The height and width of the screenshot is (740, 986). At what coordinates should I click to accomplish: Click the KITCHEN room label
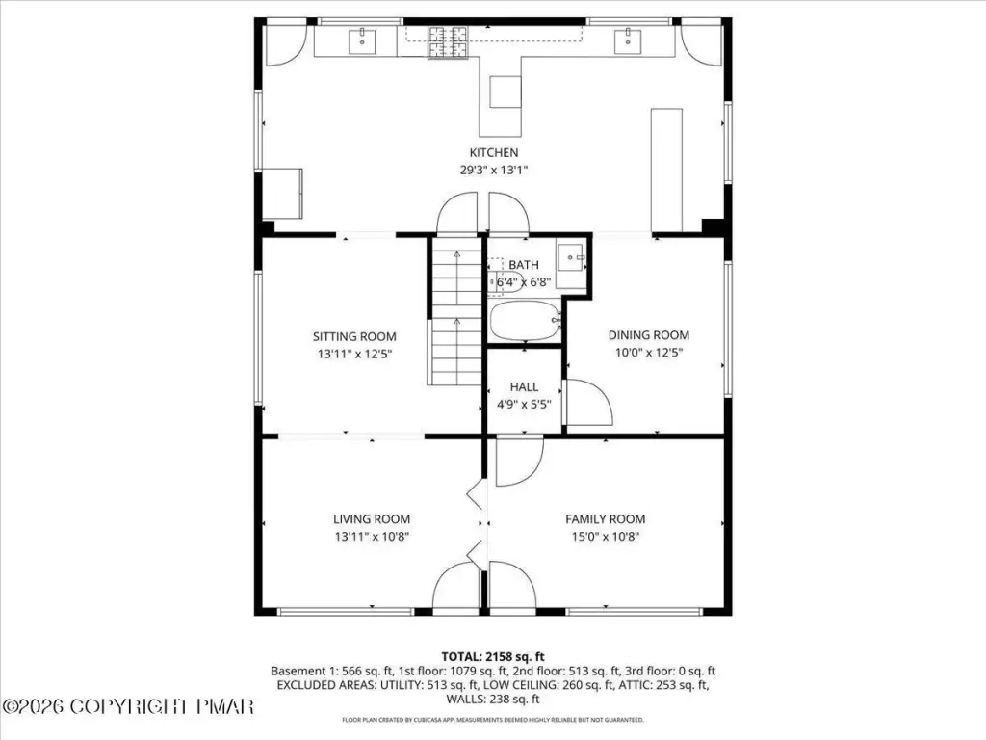click(x=494, y=152)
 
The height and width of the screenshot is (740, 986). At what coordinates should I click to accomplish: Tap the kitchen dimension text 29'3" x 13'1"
click(x=494, y=170)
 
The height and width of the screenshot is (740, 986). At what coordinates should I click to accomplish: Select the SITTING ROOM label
click(x=354, y=336)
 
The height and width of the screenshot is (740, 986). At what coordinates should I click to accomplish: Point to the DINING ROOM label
click(x=648, y=335)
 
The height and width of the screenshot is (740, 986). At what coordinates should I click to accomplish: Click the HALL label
click(x=524, y=387)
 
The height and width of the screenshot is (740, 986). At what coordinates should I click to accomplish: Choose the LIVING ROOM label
click(x=372, y=519)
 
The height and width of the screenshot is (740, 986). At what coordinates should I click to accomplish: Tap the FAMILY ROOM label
click(x=605, y=519)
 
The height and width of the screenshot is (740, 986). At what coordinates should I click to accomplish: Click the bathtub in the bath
click(x=525, y=320)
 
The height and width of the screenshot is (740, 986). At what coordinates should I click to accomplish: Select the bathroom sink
click(x=572, y=256)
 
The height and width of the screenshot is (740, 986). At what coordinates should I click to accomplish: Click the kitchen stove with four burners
click(x=448, y=42)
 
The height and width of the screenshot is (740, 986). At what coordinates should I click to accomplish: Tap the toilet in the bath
click(x=506, y=277)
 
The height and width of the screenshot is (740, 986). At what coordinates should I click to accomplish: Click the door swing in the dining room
click(x=589, y=403)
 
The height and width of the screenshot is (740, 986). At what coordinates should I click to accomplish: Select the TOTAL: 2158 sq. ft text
click(x=493, y=657)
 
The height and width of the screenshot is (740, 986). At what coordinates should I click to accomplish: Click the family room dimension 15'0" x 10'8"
click(x=605, y=537)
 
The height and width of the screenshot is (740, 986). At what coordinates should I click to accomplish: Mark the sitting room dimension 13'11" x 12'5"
click(x=354, y=355)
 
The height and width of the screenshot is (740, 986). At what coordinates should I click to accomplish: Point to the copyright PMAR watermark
click(x=128, y=706)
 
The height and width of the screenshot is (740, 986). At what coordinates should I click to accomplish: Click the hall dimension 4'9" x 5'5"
click(x=524, y=405)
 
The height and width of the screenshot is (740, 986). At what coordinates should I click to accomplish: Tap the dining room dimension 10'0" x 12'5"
click(x=648, y=353)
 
